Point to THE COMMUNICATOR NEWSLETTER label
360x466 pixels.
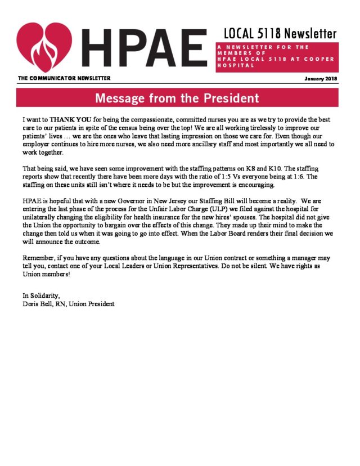tap(64, 78)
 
